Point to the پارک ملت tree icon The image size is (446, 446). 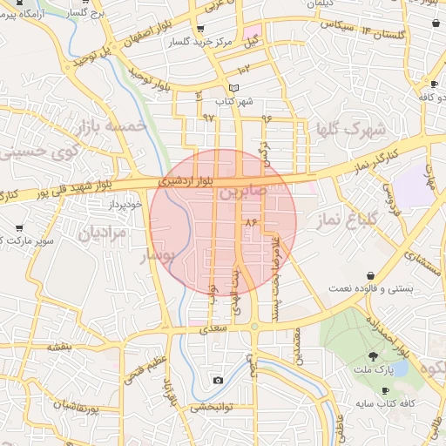[375, 356]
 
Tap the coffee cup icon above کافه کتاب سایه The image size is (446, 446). [386, 390]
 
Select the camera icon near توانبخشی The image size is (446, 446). [218, 380]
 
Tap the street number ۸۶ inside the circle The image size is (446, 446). [253, 223]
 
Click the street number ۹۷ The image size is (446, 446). [209, 117]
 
